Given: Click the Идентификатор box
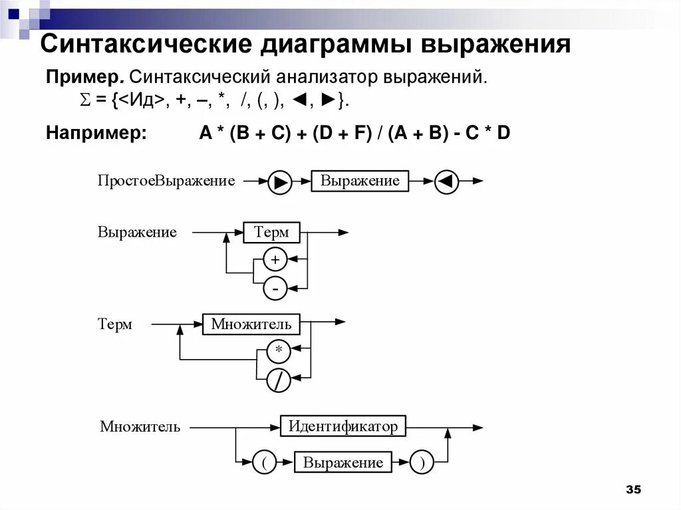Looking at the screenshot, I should coord(343,426).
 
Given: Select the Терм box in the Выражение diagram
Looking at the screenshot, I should coord(271,233).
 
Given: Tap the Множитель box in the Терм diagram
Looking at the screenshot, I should coord(251,324).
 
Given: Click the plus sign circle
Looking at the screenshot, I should coord(275,259).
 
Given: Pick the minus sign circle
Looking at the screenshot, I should coord(275,289).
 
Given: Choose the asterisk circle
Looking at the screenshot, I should coord(279,350).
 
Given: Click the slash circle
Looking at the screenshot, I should coord(279,380).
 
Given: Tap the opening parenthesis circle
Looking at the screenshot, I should coord(264,463).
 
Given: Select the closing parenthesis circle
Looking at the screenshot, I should coord(422,463).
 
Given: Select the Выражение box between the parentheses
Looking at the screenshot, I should coord(343,463).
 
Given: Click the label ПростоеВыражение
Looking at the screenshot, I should coord(166,181).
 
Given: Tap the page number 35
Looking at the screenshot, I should coord(633,490).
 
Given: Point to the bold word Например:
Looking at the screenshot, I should coord(96,133).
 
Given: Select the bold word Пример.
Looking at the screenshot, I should coord(85,77).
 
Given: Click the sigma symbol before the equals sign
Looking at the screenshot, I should coord(84,101).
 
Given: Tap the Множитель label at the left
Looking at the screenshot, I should coord(140,427).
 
